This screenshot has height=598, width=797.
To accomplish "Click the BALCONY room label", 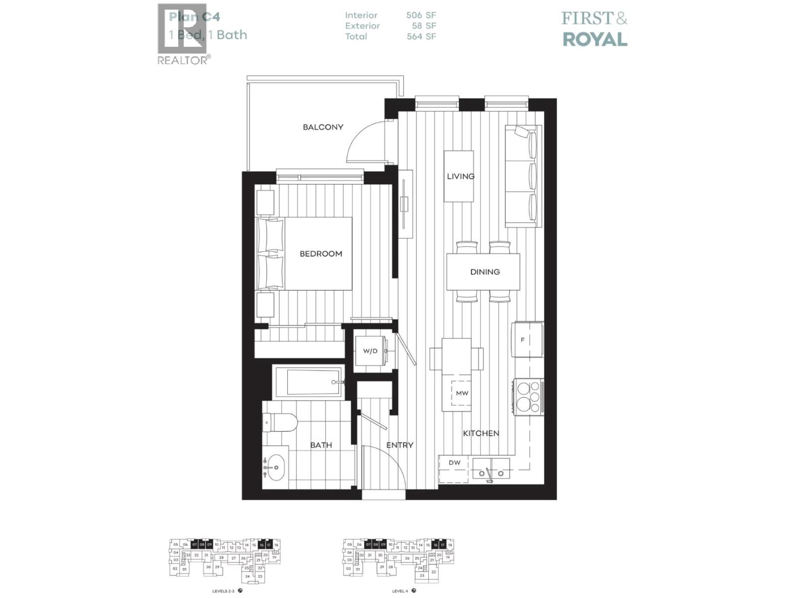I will pyautogui.click(x=323, y=127).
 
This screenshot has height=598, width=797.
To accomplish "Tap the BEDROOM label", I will pyautogui.click(x=321, y=254).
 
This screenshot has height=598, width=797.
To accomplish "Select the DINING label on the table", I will pyautogui.click(x=485, y=272).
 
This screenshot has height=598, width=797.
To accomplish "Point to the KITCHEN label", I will pyautogui.click(x=481, y=434).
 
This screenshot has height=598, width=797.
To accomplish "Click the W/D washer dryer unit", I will pyautogui.click(x=371, y=351).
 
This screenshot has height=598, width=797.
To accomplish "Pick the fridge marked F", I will pyautogui.click(x=527, y=340).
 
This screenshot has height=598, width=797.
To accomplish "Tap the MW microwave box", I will pyautogui.click(x=462, y=393).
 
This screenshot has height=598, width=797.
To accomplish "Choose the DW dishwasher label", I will pyautogui.click(x=454, y=463).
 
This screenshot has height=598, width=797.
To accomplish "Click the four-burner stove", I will pyautogui.click(x=528, y=397).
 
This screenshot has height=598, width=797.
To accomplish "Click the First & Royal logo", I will pyautogui.click(x=594, y=29).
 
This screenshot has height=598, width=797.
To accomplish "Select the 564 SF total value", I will pyautogui.click(x=421, y=36).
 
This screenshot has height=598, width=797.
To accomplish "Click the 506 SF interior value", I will pyautogui.click(x=421, y=15).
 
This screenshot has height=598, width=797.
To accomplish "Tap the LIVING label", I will pyautogui.click(x=460, y=176).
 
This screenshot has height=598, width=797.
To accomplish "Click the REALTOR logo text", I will pyautogui.click(x=183, y=60).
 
